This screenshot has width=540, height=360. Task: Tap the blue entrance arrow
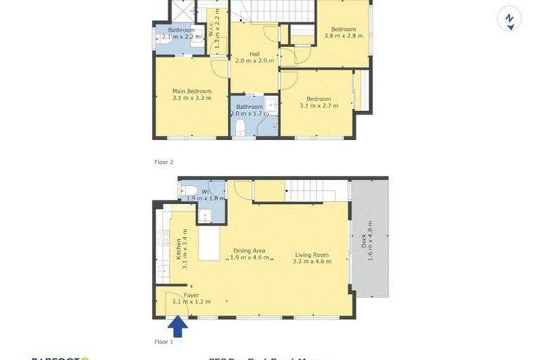pyautogui.click(x=178, y=326)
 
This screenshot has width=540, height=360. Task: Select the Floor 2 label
pyautogui.click(x=163, y=162)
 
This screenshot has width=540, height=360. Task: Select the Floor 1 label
pyautogui.click(x=163, y=342)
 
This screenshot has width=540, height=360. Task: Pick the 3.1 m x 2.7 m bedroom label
pyautogui.click(x=319, y=103)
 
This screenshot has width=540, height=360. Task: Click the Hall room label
pyautogui.click(x=254, y=57)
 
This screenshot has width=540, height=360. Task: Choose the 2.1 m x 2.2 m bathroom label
pyautogui.click(x=181, y=33)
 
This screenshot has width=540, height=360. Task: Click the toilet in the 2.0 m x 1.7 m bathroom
pyautogui.click(x=240, y=127)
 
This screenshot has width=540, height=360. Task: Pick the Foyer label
pyautogui.click(x=191, y=299)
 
